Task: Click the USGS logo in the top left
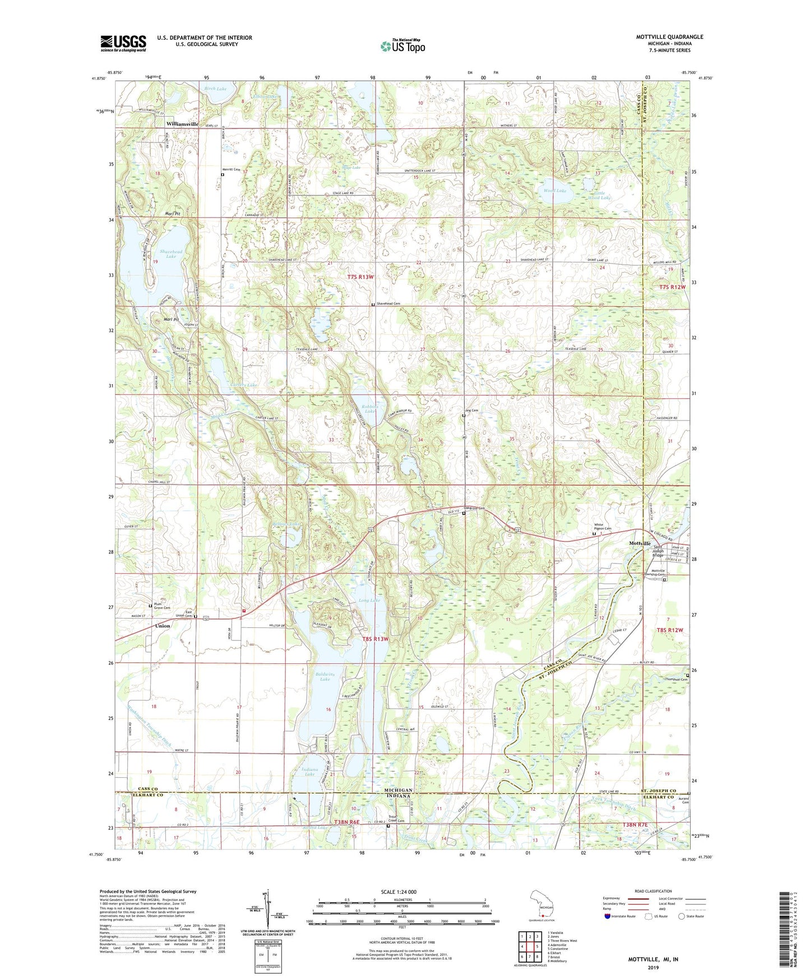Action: [123, 43]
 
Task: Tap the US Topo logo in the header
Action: [402, 47]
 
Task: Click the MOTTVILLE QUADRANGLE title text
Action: [669, 37]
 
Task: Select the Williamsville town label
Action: [182, 124]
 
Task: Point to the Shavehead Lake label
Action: [170, 254]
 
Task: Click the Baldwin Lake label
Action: [325, 676]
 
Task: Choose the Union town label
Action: [163, 626]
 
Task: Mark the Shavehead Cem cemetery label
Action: [388, 304]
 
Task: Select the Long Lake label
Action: [369, 601]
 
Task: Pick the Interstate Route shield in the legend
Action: [608, 916]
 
